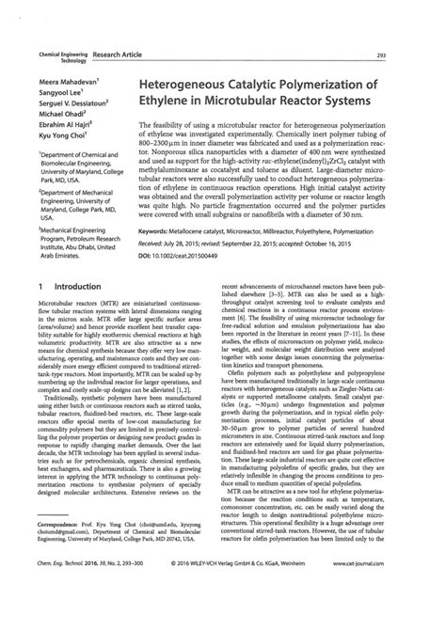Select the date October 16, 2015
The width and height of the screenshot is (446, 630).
click(379, 242)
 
